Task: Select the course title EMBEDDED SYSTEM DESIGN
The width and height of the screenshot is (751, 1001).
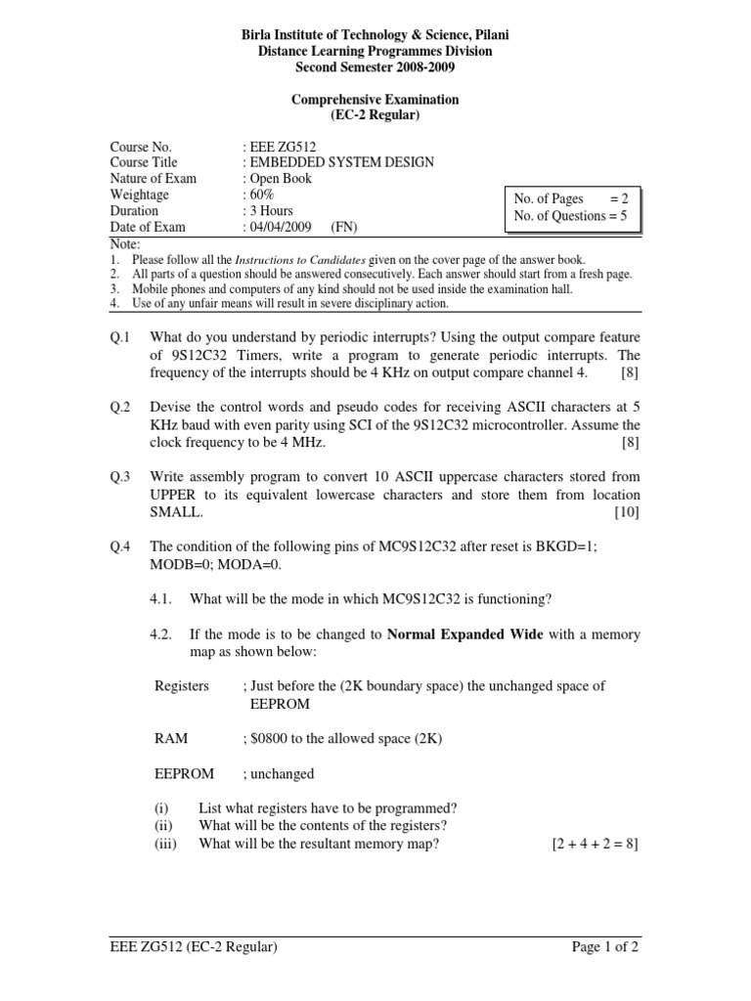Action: click(342, 162)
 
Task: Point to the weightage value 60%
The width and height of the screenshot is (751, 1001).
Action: click(263, 195)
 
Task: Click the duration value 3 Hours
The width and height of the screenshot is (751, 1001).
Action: click(271, 210)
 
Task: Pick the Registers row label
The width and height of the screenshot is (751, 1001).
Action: click(182, 686)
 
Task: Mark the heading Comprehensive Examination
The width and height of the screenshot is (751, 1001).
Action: click(376, 100)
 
